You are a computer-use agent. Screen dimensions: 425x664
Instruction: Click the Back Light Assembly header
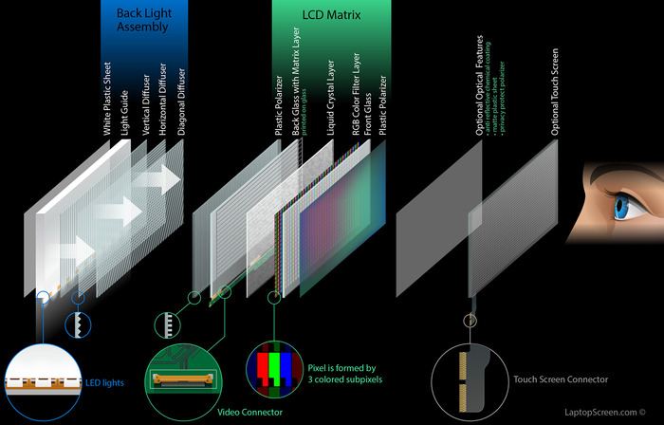pos(143,20)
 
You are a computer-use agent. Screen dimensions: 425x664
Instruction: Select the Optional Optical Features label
pos(480,86)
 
